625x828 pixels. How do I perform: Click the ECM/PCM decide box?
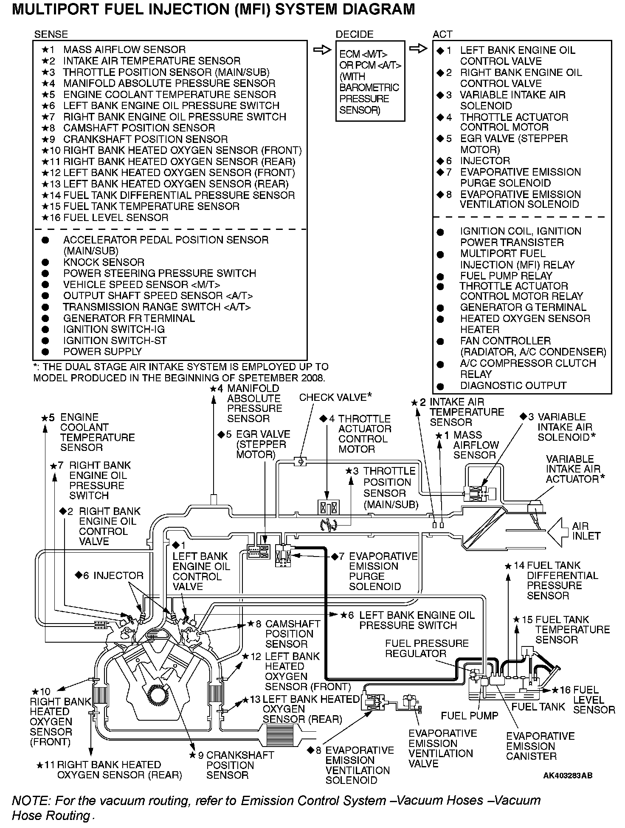point(370,81)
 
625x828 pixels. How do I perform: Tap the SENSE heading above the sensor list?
point(51,34)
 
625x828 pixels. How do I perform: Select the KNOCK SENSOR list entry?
point(104,262)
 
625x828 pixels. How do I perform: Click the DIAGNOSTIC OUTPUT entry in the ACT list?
point(513,386)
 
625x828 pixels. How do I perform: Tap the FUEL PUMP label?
point(469,716)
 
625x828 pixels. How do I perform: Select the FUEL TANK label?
point(538,707)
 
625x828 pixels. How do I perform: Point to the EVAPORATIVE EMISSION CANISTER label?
point(540,746)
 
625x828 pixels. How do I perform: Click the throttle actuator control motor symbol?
point(328,507)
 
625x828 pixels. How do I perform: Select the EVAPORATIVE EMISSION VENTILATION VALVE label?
point(440,749)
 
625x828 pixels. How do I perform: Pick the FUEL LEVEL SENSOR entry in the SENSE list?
point(115,218)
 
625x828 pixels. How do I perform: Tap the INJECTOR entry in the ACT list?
point(485,161)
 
